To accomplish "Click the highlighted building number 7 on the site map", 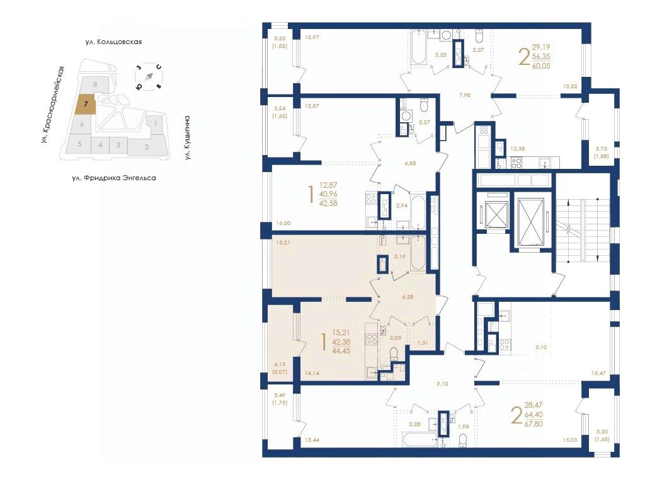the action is pos(85,104).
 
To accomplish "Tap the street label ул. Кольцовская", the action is pos(113,42).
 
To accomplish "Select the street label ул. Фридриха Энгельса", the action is pos(114,178).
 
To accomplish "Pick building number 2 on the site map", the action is pos(147,146).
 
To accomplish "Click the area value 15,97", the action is pos(312,37).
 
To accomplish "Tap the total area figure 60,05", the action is pos(541,66).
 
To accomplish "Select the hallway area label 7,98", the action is pos(464,95).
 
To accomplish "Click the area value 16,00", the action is pos(283,224).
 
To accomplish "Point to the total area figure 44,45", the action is pos(341,351).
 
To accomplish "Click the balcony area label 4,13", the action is pos(280,364).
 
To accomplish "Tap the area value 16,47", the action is pos(598,374).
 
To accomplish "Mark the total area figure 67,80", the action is pos(534,423).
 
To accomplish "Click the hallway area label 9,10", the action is pos(442,384).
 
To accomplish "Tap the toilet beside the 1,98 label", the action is pos(464,439).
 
